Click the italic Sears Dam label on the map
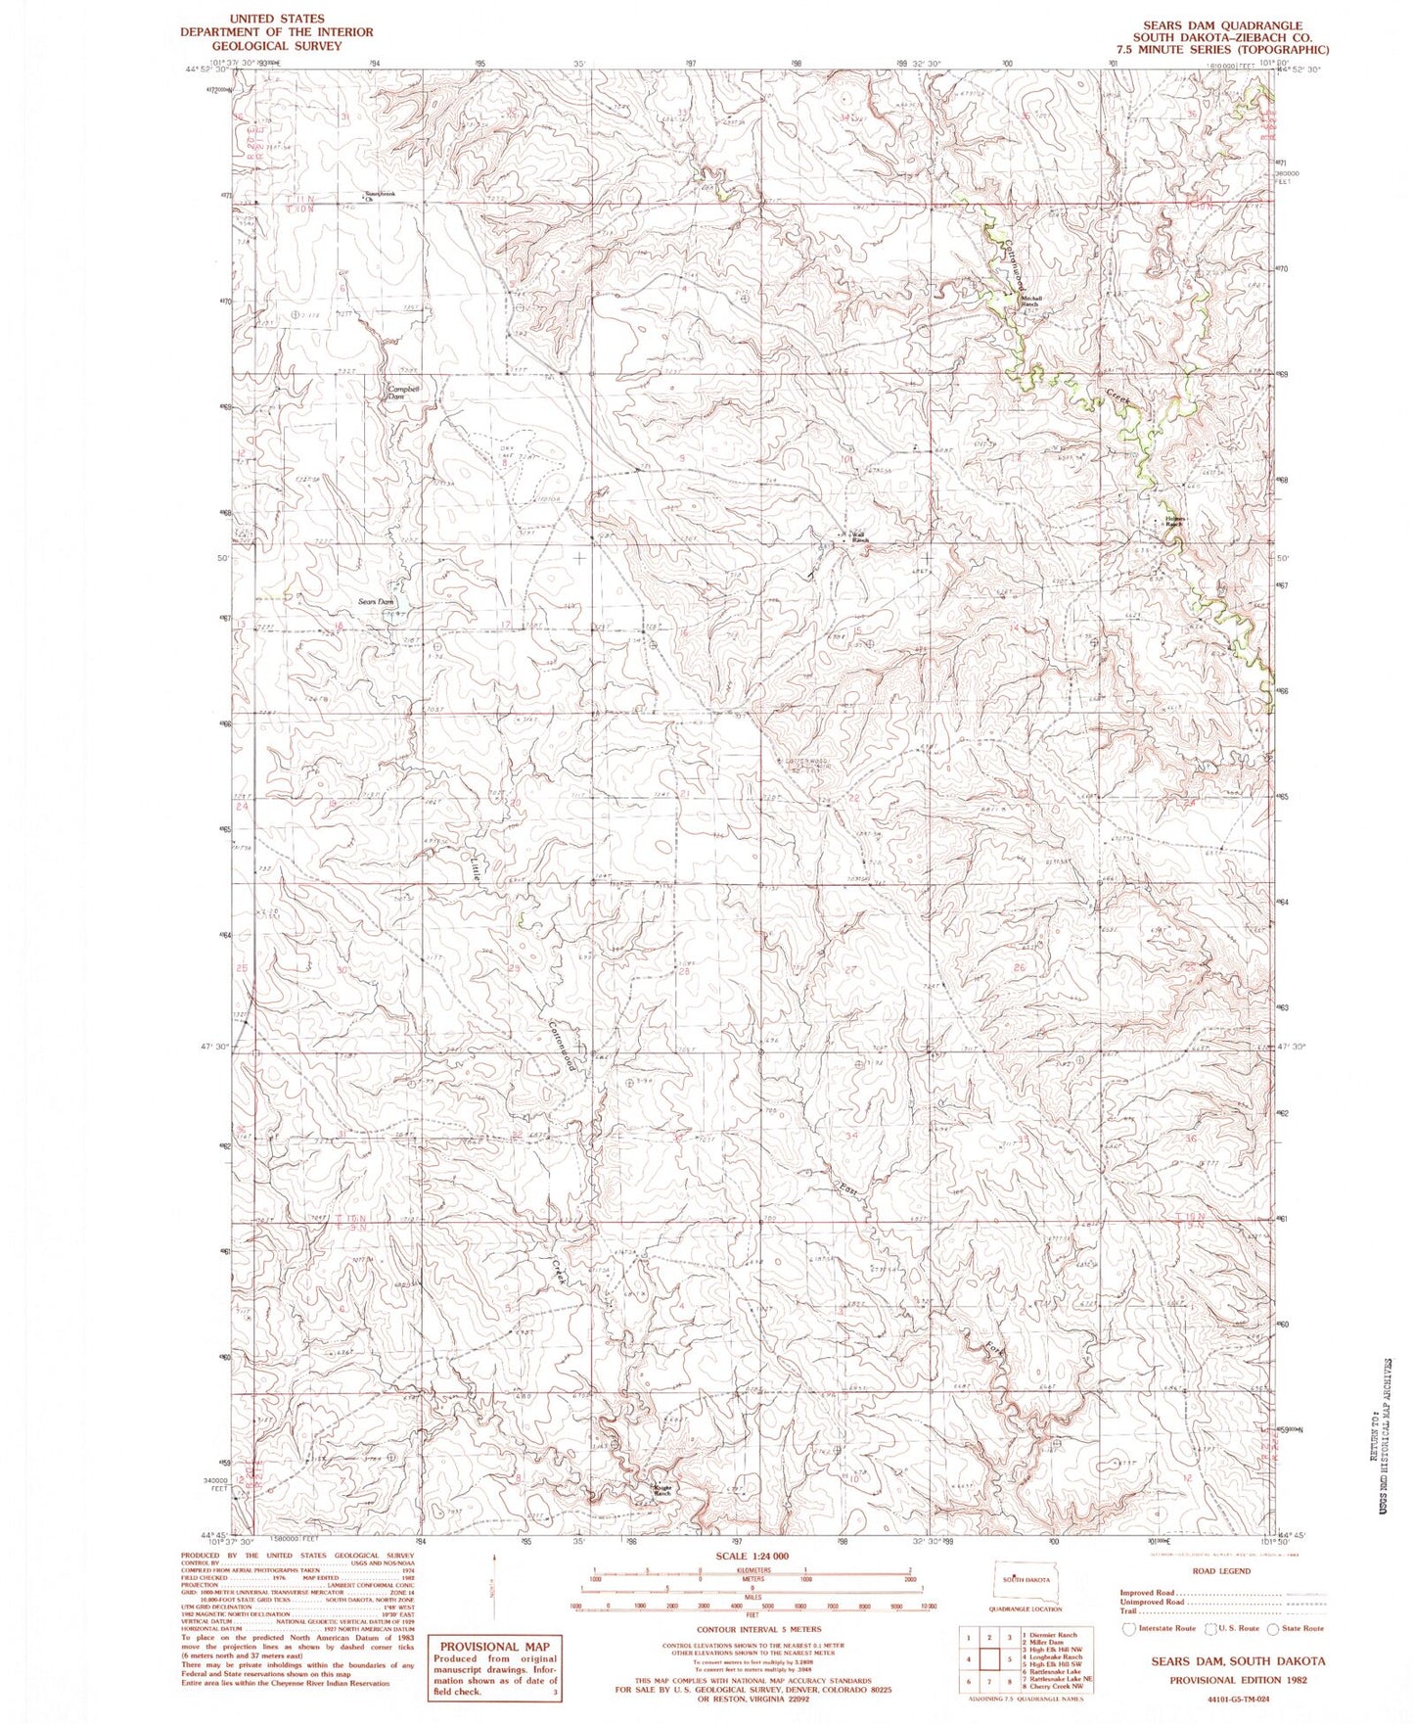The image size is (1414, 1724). coord(376,602)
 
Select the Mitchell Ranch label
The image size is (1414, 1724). coord(1031,302)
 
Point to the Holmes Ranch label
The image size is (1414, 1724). coord(1173,522)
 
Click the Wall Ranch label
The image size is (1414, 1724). coord(858,537)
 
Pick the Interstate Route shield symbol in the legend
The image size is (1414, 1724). coord(1129,1628)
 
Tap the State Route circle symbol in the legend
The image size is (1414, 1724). coord(1273,1628)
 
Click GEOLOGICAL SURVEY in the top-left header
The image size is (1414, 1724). coord(276,45)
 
